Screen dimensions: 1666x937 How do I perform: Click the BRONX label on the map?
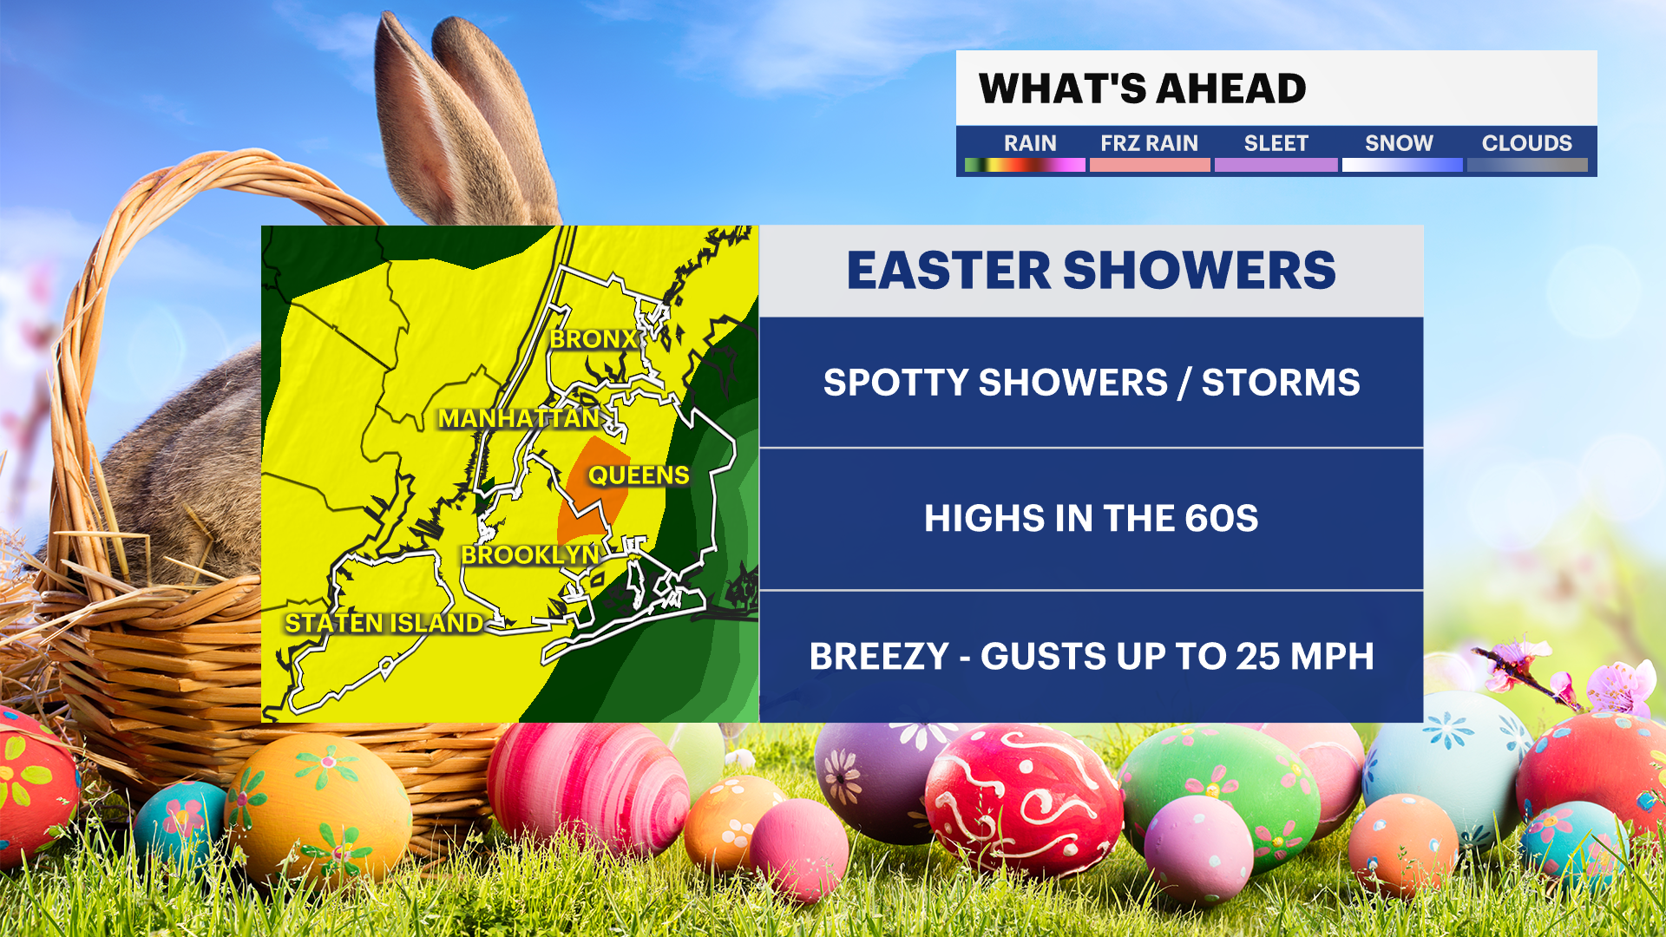[594, 339]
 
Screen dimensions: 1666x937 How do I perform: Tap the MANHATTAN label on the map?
[519, 418]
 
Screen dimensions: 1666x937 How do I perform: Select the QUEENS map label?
[639, 475]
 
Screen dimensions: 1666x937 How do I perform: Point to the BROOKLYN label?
[530, 555]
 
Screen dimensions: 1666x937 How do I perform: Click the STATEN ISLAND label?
[384, 623]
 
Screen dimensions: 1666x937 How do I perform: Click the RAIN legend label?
[1030, 143]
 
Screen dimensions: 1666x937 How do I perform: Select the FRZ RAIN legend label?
[1149, 143]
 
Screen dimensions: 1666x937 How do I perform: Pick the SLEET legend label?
[1276, 143]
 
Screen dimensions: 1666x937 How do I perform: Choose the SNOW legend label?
[1399, 143]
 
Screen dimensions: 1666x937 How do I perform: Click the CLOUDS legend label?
[1526, 143]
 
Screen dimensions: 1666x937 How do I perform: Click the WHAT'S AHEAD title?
[1142, 88]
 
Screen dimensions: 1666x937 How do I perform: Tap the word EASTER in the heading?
[948, 271]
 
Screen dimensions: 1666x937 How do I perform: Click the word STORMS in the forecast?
[1281, 383]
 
